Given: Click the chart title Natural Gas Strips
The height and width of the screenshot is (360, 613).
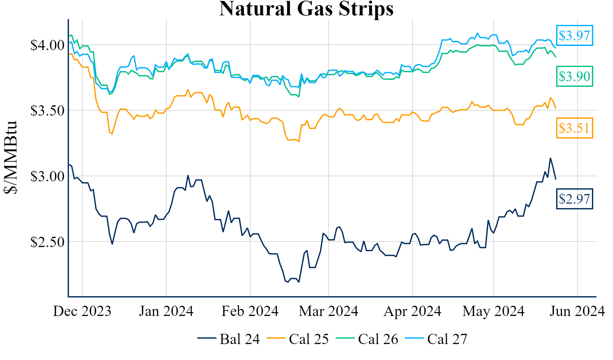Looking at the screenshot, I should click(x=306, y=9).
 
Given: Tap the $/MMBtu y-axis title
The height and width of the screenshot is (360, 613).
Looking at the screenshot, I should click(x=10, y=157).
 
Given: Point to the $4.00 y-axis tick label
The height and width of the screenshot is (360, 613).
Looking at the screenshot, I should click(x=47, y=45).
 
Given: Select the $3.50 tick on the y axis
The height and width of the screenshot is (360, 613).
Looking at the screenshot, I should click(x=47, y=111).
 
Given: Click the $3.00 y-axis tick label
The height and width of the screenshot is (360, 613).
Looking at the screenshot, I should click(x=47, y=176).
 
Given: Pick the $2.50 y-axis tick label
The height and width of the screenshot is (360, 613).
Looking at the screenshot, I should click(x=47, y=242).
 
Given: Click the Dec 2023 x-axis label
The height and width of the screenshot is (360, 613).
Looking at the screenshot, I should click(x=82, y=311).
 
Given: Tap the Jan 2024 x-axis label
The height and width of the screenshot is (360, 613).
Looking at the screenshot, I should click(x=166, y=311).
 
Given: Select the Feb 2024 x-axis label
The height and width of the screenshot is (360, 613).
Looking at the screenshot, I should click(x=250, y=311).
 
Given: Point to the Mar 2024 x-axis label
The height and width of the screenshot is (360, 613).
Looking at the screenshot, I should click(x=329, y=311).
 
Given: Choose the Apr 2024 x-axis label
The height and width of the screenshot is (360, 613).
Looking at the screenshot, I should click(x=412, y=311).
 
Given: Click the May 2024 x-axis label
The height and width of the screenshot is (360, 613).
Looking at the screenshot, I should click(x=493, y=311).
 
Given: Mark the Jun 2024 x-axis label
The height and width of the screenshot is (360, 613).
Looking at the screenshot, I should click(x=577, y=311).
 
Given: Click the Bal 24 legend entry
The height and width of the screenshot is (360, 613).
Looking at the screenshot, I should click(x=229, y=339).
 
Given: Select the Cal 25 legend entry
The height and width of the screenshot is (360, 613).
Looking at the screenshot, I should click(x=298, y=339).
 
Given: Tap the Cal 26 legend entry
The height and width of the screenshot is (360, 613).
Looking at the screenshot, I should click(x=367, y=339).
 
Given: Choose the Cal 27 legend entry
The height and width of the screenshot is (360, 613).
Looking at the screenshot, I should click(x=436, y=339).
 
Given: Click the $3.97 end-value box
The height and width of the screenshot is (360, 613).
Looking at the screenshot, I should click(x=574, y=35).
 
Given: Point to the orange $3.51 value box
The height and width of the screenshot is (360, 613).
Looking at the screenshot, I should click(x=574, y=128).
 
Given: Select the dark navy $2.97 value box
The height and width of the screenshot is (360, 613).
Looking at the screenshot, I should click(x=574, y=199).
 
